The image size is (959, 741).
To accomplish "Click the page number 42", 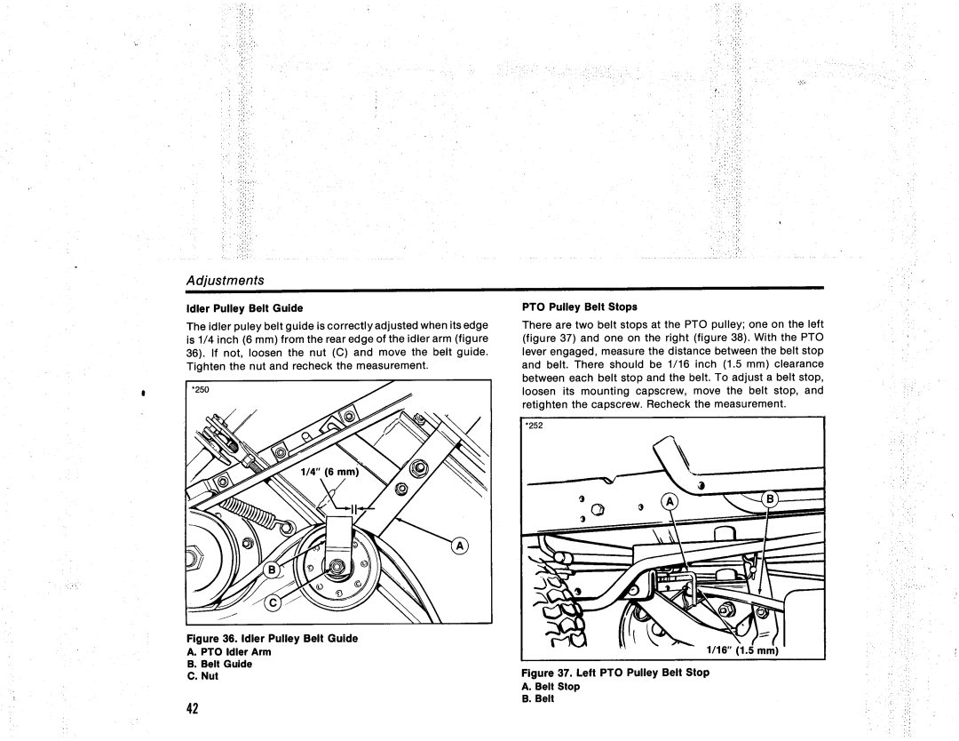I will click(x=192, y=707).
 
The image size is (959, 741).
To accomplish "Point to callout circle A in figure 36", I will click(x=464, y=546).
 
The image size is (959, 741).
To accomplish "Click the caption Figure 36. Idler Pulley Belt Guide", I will click(x=272, y=638).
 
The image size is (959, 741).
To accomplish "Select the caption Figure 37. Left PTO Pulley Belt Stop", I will click(x=615, y=673).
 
